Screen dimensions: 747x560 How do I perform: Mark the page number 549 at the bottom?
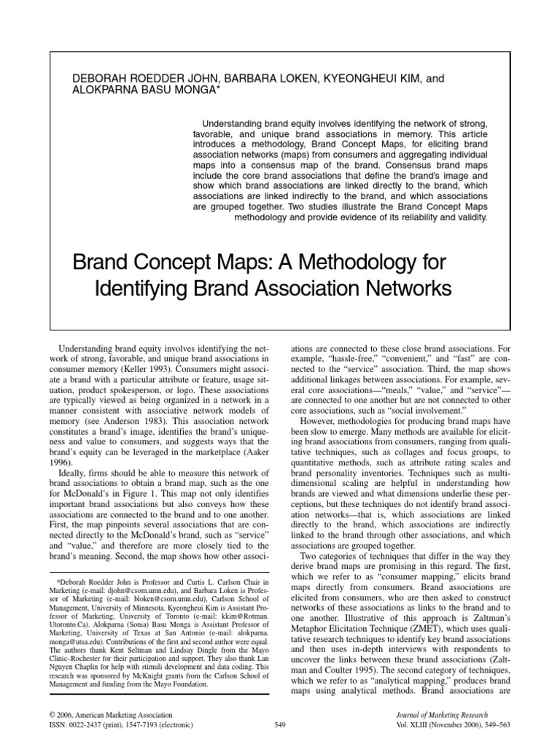pyautogui.click(x=280, y=725)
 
